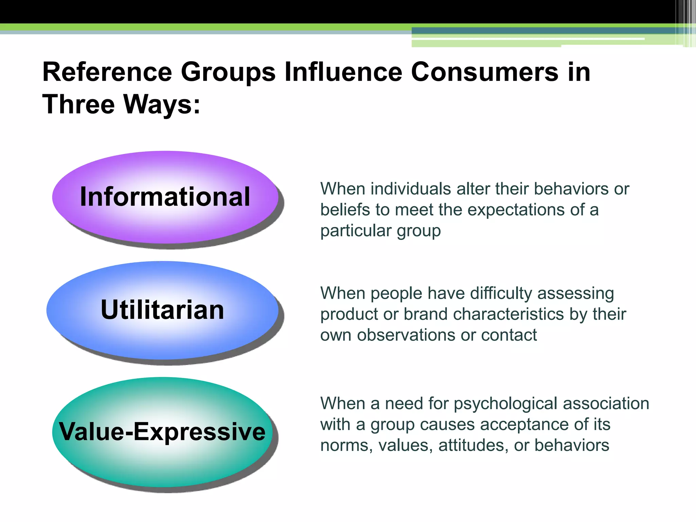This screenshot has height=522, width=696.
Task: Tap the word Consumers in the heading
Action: click(484, 72)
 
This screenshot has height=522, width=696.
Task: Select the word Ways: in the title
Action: click(162, 104)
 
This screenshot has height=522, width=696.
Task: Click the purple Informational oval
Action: click(165, 197)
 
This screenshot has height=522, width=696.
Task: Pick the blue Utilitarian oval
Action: click(162, 310)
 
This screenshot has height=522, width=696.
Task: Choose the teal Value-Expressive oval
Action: click(162, 432)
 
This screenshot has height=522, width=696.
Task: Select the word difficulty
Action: click(480, 293)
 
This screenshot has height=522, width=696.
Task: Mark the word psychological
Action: click(505, 404)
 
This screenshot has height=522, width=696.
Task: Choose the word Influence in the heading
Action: click(343, 72)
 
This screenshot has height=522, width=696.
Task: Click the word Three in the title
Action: click(79, 104)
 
